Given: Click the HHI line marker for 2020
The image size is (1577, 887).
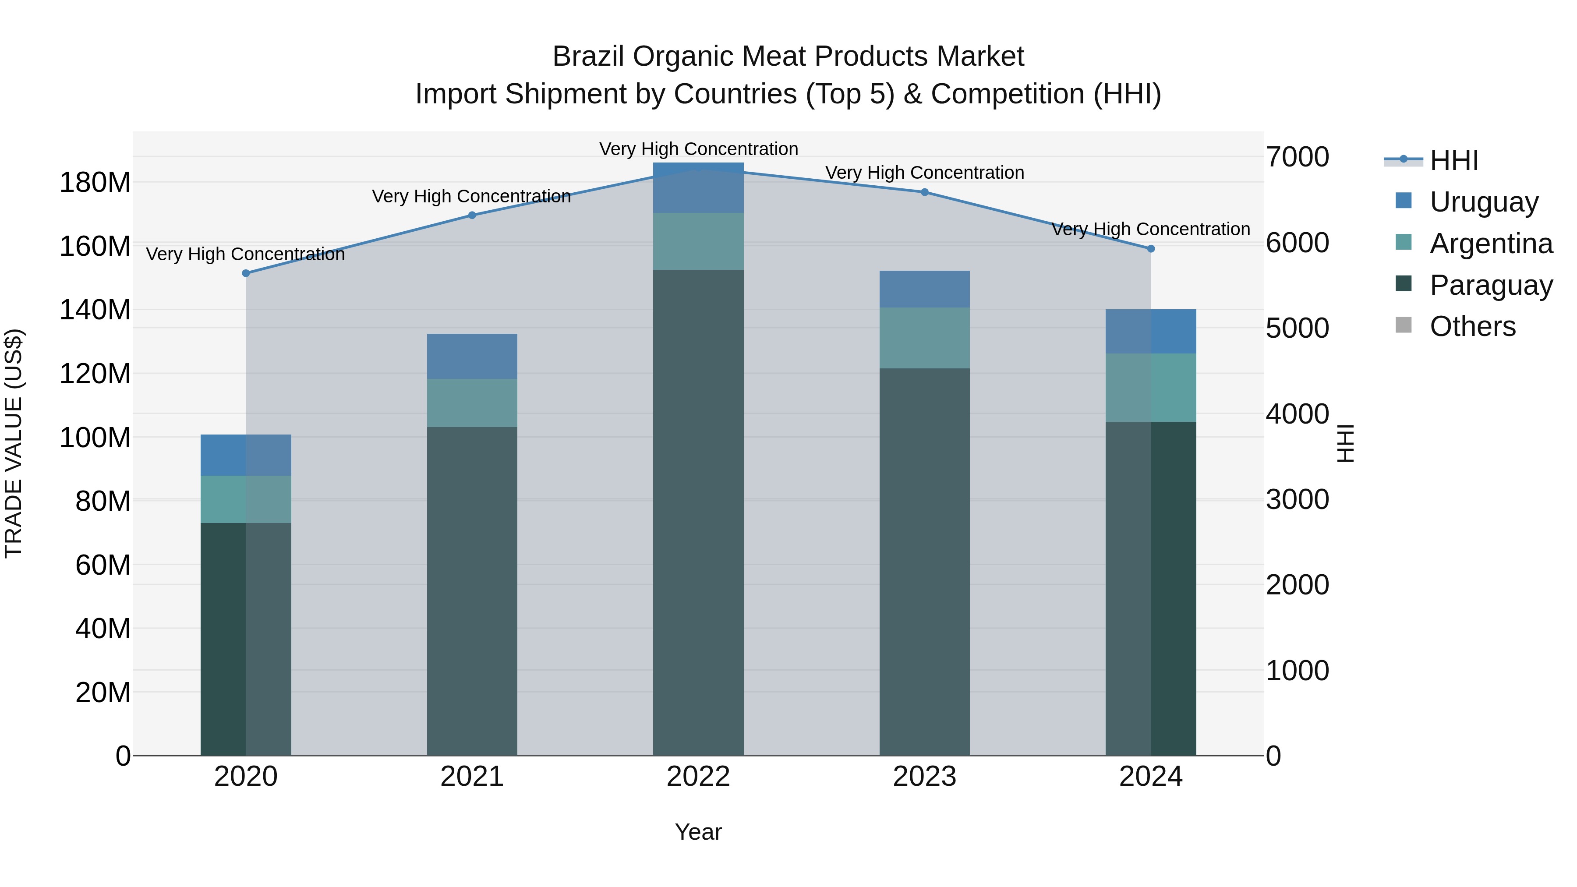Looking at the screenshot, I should (245, 273).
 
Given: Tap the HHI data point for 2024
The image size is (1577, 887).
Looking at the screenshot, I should (1150, 248).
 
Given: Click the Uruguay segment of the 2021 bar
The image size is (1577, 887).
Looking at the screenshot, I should (472, 356).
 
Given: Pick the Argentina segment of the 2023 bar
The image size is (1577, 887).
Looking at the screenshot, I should (924, 338).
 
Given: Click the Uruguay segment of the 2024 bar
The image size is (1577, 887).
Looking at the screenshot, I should (1150, 331).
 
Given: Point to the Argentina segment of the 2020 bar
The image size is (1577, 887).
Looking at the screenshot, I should (245, 499).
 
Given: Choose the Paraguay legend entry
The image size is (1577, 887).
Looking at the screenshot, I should (1490, 285).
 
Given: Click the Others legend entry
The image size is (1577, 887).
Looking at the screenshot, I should (1472, 326).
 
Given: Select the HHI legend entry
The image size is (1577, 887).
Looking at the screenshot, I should (1453, 160).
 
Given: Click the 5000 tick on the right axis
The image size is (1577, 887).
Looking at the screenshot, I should (1297, 329).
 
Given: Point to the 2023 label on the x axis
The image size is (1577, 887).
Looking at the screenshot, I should (924, 777).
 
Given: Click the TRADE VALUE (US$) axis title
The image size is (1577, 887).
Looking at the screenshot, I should (14, 443).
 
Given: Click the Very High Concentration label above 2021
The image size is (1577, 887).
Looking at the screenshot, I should (471, 197).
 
